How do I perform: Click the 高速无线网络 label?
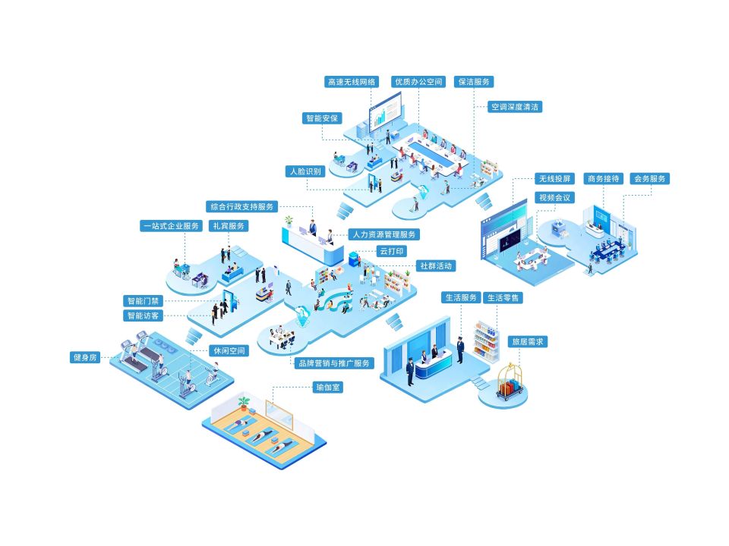(x=352, y=82)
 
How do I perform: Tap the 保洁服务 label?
(x=474, y=82)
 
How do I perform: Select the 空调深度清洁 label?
(x=515, y=107)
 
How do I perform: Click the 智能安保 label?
(x=322, y=118)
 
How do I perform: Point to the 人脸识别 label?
(x=305, y=171)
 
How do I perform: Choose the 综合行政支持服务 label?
(x=241, y=206)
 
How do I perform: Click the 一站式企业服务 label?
(x=171, y=226)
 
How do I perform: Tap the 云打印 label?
(x=392, y=251)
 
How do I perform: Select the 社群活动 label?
(x=436, y=266)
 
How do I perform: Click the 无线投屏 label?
(x=554, y=179)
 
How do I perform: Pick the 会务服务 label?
(x=649, y=179)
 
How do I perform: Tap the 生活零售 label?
(x=503, y=297)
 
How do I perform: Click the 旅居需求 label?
(x=527, y=342)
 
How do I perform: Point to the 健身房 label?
(x=85, y=357)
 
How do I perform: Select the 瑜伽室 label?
(x=328, y=388)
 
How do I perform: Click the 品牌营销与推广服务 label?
(x=334, y=363)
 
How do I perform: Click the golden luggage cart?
(x=510, y=382)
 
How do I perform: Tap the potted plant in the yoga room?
(x=244, y=402)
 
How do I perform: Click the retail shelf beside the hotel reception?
(x=485, y=340)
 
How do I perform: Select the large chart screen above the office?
(x=386, y=111)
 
